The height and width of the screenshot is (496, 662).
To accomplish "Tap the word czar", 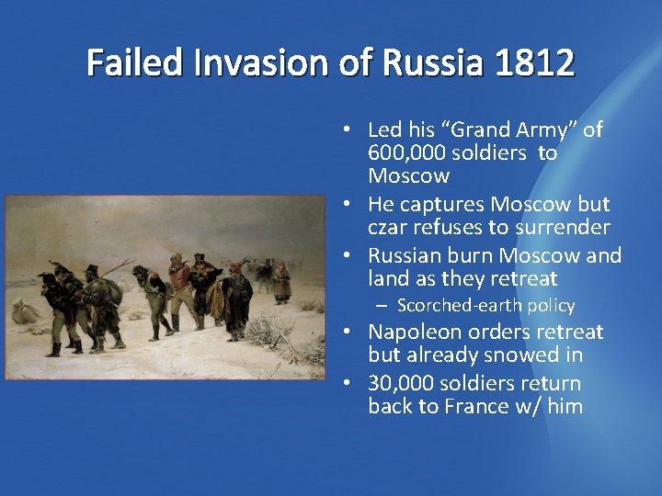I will [x=388, y=227].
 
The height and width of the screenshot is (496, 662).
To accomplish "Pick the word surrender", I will [x=565, y=227].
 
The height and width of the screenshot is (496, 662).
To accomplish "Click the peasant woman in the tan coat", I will [x=281, y=280].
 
